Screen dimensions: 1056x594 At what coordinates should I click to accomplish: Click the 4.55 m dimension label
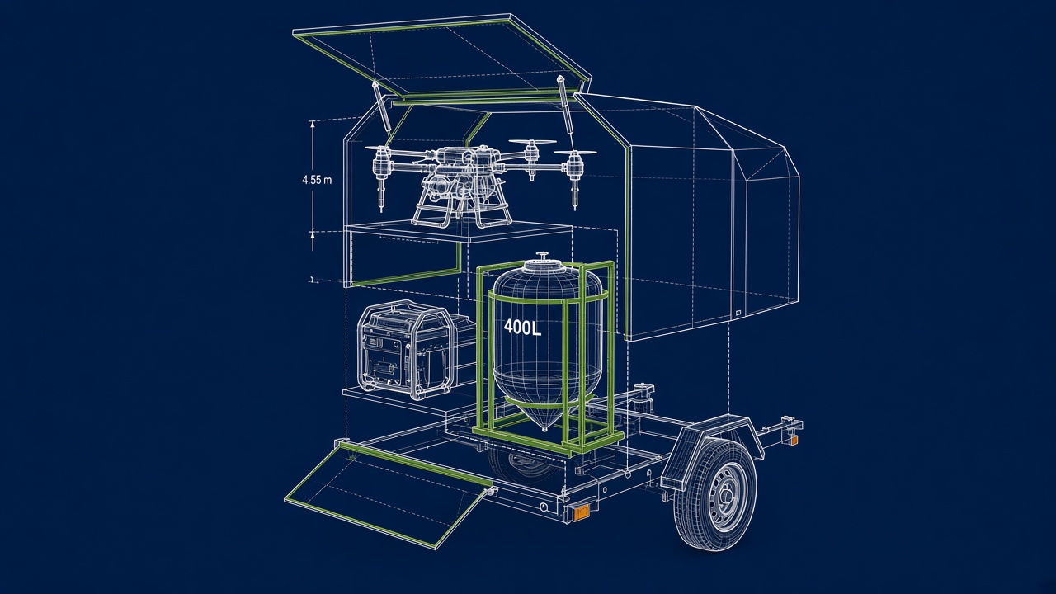(317, 180)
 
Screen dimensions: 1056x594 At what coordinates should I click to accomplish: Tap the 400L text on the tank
(522, 328)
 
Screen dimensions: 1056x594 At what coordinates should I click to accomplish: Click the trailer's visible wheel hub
(725, 496)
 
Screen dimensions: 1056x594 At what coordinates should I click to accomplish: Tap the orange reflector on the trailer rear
(581, 512)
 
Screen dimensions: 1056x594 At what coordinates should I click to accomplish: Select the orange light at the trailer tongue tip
(794, 441)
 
